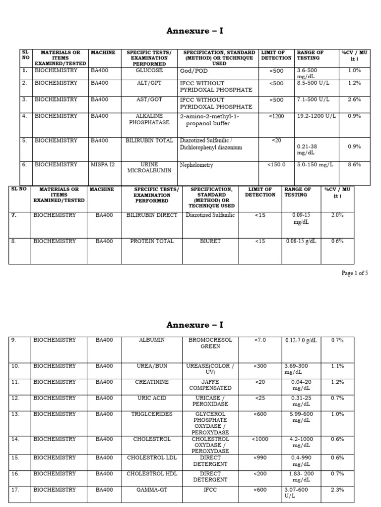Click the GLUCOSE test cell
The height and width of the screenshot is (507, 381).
click(149, 71)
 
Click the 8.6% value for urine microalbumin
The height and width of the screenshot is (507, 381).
click(354, 165)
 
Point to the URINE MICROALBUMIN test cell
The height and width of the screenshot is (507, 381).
click(149, 168)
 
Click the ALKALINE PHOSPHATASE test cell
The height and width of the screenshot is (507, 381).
click(149, 119)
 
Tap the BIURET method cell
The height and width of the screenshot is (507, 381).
click(211, 242)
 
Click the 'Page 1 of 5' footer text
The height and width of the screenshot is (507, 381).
click(355, 273)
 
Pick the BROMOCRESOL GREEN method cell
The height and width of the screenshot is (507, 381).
click(210, 344)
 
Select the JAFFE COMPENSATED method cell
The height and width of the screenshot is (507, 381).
click(210, 385)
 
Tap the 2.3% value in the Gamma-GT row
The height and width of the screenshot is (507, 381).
click(337, 490)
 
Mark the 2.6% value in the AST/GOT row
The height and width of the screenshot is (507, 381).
click(354, 100)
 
